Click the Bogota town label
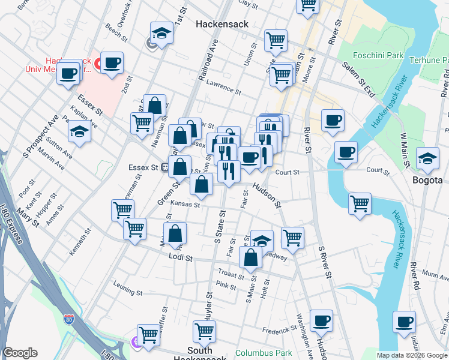[x=427, y=179]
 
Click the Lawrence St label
[x=223, y=89]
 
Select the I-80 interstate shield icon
[x=70, y=319]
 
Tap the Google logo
[x=20, y=353]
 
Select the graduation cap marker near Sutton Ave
[x=79, y=131]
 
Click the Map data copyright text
[x=411, y=355]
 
